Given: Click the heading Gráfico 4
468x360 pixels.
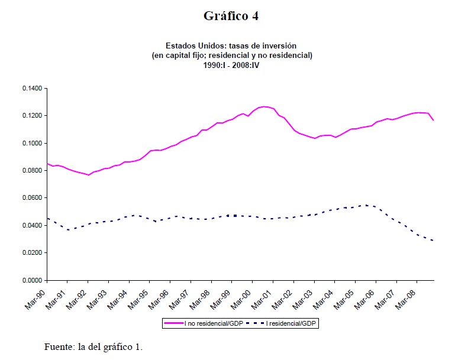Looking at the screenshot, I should [x=231, y=16].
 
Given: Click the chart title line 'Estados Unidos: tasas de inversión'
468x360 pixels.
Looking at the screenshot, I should [x=231, y=46].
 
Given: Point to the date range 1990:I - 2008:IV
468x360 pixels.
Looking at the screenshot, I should [x=231, y=64].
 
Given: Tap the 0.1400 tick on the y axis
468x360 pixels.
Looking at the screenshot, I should [x=32, y=89].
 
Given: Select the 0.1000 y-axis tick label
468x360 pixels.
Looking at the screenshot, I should [x=32, y=143].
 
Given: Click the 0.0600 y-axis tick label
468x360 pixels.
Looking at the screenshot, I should [x=32, y=198].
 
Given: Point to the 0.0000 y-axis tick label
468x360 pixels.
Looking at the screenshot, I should [x=32, y=280].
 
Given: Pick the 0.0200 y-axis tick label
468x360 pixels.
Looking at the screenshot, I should [x=32, y=253].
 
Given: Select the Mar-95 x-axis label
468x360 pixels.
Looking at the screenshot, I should [x=139, y=296].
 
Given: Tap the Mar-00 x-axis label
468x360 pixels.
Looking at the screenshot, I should [x=241, y=296].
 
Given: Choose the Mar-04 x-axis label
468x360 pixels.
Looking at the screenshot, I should [x=324, y=296].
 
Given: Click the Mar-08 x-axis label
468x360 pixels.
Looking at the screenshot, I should [x=406, y=296].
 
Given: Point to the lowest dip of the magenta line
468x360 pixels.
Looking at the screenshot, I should [x=88, y=175].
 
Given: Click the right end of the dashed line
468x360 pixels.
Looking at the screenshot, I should [x=434, y=241].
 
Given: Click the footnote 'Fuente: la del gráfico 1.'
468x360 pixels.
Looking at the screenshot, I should [x=93, y=346].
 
